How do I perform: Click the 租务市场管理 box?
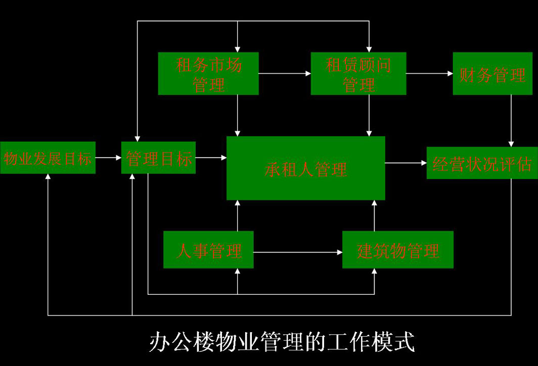208,74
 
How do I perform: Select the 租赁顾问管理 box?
358,74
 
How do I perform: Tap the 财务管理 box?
492,74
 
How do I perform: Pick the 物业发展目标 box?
48,158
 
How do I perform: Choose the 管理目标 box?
158,158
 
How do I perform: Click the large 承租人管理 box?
305,168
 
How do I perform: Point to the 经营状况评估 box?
482,163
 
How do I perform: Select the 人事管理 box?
208,250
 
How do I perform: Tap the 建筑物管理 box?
397,250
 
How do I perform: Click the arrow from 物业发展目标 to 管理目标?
108,158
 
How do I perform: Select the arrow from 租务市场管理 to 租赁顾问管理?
285,74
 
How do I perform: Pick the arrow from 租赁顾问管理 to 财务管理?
429,74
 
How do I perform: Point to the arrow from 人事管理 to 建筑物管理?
298,251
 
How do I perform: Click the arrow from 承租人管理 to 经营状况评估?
406,163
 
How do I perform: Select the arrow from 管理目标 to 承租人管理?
211,158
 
